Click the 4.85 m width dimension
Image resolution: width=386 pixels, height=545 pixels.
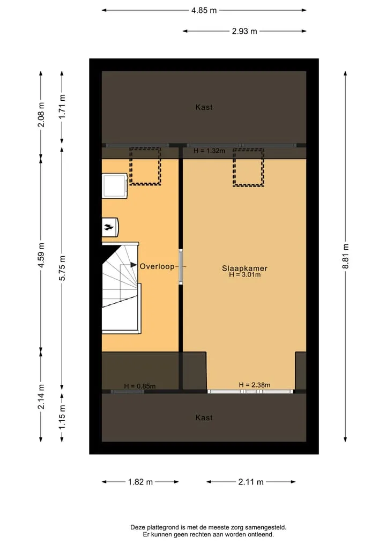pyautogui.click(x=204, y=10)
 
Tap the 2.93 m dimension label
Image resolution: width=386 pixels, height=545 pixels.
pyautogui.click(x=244, y=31)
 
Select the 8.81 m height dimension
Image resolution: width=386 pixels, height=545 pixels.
pyautogui.click(x=345, y=256)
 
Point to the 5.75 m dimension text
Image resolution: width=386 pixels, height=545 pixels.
pyautogui.click(x=62, y=268)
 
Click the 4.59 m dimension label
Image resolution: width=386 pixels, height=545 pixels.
pyautogui.click(x=41, y=256)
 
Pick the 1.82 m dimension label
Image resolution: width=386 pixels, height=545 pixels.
pyautogui.click(x=140, y=482)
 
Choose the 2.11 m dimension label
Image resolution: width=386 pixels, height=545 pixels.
pyautogui.click(x=251, y=482)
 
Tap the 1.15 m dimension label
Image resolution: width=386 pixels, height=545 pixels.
pyautogui.click(x=62, y=417)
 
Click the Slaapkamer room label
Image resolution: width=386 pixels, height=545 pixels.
pyautogui.click(x=245, y=268)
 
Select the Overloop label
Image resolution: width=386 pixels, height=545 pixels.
pyautogui.click(x=157, y=266)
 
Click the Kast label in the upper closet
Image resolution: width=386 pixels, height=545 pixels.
pyautogui.click(x=204, y=107)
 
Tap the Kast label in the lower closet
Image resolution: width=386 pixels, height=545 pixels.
pyautogui.click(x=204, y=417)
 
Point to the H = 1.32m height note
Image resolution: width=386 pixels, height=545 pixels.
pyautogui.click(x=209, y=151)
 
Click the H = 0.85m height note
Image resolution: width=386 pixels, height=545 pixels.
pyautogui.click(x=140, y=386)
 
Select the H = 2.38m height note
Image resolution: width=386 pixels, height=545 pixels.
pyautogui.click(x=255, y=385)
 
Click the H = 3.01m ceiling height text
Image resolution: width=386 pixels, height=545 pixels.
pyautogui.click(x=245, y=274)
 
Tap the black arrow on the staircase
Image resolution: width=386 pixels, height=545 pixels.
pyautogui.click(x=133, y=265)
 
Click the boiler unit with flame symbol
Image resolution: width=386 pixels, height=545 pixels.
pyautogui.click(x=110, y=228)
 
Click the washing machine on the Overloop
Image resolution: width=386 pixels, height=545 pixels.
pyautogui.click(x=115, y=186)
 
